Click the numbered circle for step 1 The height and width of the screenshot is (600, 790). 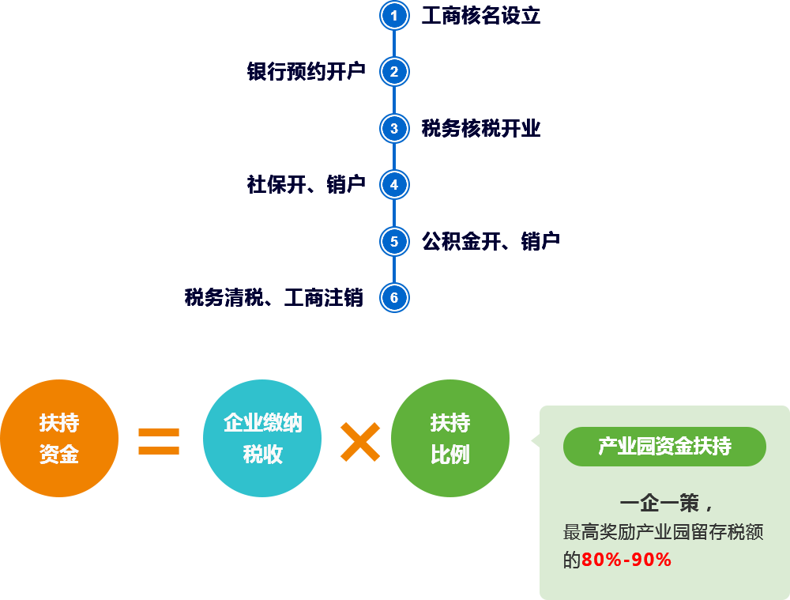pos(393,16)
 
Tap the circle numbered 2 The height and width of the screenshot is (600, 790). pos(393,72)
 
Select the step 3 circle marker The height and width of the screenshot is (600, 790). pos(393,128)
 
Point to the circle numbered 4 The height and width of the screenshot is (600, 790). pos(393,185)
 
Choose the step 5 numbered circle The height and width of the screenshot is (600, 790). pos(393,241)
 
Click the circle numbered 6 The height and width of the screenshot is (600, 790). pos(393,298)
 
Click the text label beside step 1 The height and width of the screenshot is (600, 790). pos(480,16)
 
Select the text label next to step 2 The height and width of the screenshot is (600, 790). pos(307,72)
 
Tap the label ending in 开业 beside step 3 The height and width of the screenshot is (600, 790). pos(480,128)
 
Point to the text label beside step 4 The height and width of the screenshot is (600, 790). pos(307,185)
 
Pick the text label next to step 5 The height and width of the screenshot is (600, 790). pos(490,241)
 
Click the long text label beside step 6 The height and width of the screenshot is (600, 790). pos(274,298)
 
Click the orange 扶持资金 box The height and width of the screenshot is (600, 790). pos(59,438)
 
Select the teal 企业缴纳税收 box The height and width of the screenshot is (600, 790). pos(261,438)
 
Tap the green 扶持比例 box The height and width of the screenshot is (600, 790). pos(450,438)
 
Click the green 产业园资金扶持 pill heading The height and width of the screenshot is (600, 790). pos(664,447)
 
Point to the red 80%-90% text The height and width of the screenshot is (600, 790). pos(626,560)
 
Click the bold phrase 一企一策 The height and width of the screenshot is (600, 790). pos(660,504)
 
